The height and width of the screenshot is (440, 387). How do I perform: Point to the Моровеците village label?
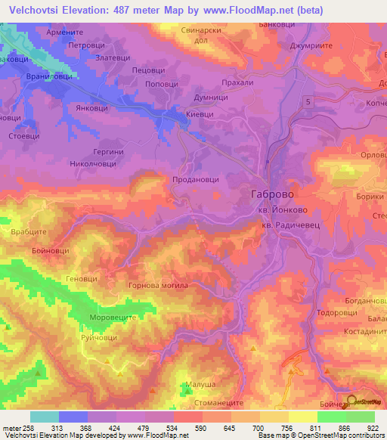112,318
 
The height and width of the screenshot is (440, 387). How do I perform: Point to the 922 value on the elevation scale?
373,429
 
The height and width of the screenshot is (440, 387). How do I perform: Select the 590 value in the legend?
200,429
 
